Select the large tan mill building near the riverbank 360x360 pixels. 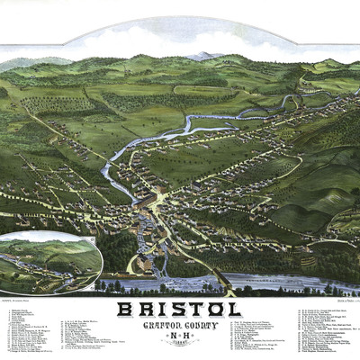[144, 265]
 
